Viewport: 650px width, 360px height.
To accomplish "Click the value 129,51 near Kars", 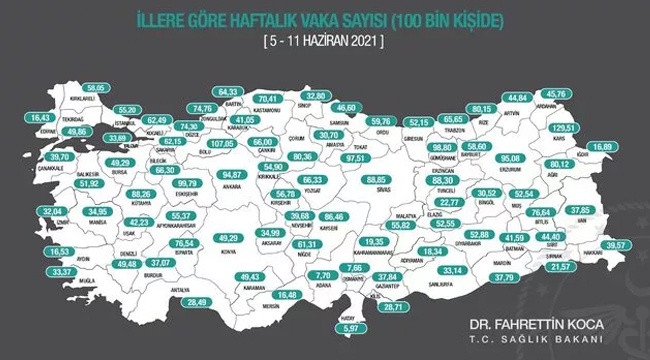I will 593,129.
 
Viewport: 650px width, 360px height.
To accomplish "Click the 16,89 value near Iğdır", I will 625,147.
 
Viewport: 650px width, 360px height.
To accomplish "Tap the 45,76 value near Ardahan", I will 584,96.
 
